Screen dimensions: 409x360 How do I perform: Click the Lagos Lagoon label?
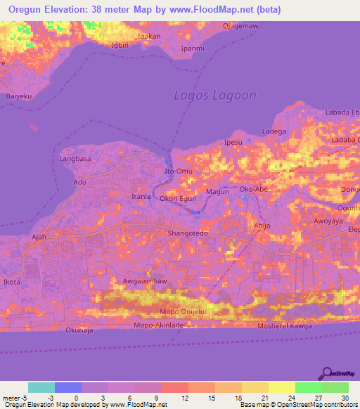pos(215,95)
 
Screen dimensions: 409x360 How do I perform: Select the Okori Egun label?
pos(178,199)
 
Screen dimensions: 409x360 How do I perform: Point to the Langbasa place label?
pos(77,160)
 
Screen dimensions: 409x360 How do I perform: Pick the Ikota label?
pos(12,282)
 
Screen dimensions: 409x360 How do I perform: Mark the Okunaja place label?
pos(79,330)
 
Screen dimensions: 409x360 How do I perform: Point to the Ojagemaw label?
pos(241,26)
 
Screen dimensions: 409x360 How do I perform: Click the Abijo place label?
pos(262,226)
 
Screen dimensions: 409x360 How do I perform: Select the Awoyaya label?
pos(327,220)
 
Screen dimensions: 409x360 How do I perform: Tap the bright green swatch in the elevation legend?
pos(309,387)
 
